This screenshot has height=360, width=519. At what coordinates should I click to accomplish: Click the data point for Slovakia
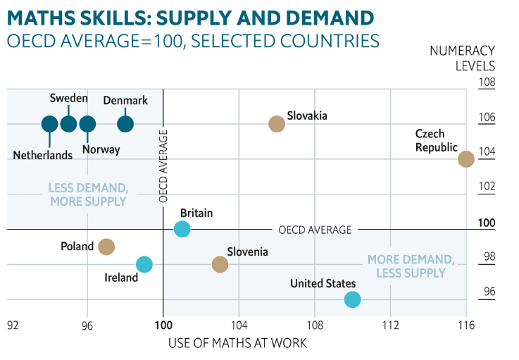277,124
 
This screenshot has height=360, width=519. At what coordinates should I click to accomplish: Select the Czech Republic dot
466,159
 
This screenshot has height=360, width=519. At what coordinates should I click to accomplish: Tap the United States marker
352,299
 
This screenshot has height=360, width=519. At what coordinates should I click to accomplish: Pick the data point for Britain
182,229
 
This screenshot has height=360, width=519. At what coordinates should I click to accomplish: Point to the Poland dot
106,247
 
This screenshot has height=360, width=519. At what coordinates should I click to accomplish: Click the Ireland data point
144,264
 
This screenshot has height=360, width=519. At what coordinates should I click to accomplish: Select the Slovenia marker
220,264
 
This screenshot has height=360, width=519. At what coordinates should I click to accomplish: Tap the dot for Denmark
125,124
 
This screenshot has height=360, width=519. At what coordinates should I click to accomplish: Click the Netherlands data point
49,124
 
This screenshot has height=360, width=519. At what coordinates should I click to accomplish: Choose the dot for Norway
87,124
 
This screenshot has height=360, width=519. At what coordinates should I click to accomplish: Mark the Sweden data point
68,124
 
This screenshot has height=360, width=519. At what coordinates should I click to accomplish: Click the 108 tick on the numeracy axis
487,82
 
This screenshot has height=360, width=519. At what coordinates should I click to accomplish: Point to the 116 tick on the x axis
466,325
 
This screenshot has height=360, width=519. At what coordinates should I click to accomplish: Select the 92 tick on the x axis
13,325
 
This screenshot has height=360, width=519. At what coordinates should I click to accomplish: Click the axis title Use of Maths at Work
238,343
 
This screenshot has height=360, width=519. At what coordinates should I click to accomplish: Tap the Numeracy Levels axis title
465,58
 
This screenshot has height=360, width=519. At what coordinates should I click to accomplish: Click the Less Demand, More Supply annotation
88,194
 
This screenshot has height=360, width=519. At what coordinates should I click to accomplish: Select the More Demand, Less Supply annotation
406,266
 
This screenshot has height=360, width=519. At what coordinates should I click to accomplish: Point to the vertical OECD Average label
163,166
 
